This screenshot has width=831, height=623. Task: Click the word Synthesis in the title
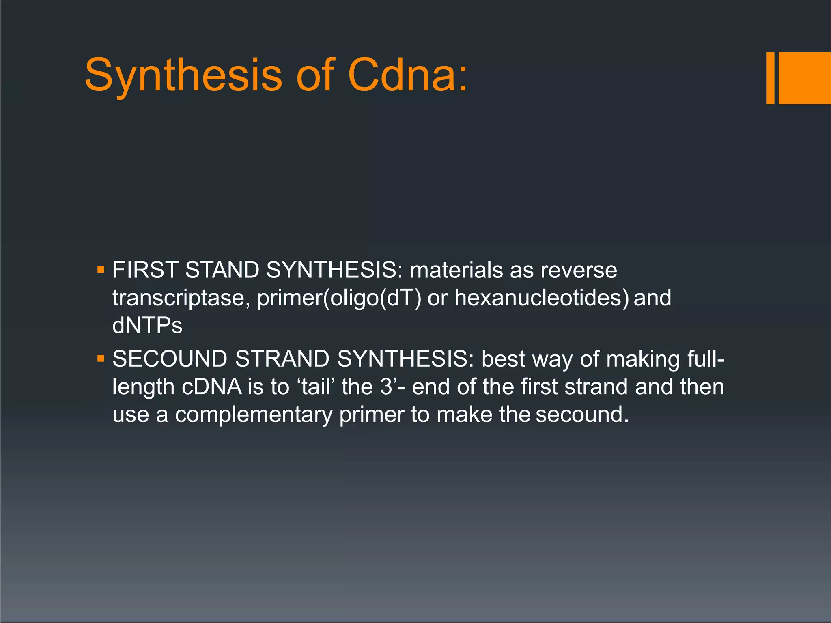click(x=183, y=75)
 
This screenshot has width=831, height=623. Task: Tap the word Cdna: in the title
click(x=407, y=75)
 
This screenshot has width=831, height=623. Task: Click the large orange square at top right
click(x=804, y=78)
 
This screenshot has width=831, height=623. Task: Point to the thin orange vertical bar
click(x=770, y=78)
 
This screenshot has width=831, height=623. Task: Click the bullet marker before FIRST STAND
click(x=101, y=270)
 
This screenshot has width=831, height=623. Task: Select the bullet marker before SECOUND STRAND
click(x=101, y=359)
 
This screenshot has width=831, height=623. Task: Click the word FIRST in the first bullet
click(x=145, y=270)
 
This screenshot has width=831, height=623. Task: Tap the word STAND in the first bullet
click(x=222, y=270)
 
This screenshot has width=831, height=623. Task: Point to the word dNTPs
click(x=147, y=325)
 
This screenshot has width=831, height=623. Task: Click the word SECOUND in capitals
click(x=170, y=359)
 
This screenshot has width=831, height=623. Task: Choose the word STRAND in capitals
click(x=282, y=359)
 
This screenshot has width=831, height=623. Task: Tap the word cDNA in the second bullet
click(x=211, y=387)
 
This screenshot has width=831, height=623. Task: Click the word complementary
click(x=254, y=415)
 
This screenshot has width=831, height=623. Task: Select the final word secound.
click(x=582, y=415)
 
